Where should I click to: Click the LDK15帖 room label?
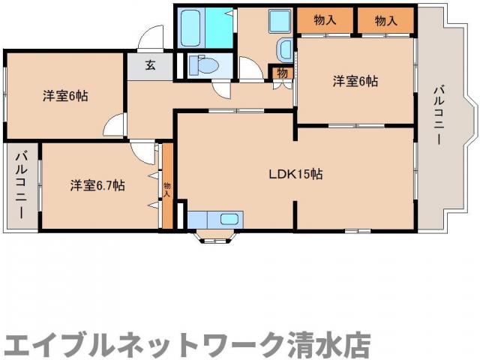point(296,174)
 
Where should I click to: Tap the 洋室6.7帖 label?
point(97,184)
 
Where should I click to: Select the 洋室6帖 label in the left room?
point(65,96)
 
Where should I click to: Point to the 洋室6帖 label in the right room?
point(355,81)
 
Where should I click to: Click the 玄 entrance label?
point(150,65)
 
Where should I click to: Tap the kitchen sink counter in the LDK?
point(214,219)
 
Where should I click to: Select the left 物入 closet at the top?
point(325,21)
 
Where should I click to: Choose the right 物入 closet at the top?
point(385,21)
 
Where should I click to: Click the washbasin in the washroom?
point(285,49)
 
